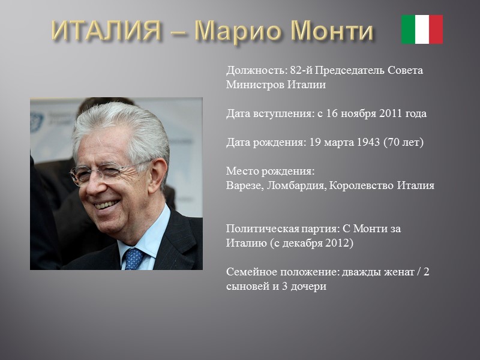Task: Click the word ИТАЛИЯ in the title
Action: point(106,31)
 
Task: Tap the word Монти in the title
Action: point(333,31)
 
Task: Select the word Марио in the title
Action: point(240,31)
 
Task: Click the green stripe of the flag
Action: point(408,29)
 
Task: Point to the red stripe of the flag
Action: point(436,29)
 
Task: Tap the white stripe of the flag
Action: point(422,29)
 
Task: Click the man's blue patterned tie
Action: point(133,258)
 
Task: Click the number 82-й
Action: point(301,70)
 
